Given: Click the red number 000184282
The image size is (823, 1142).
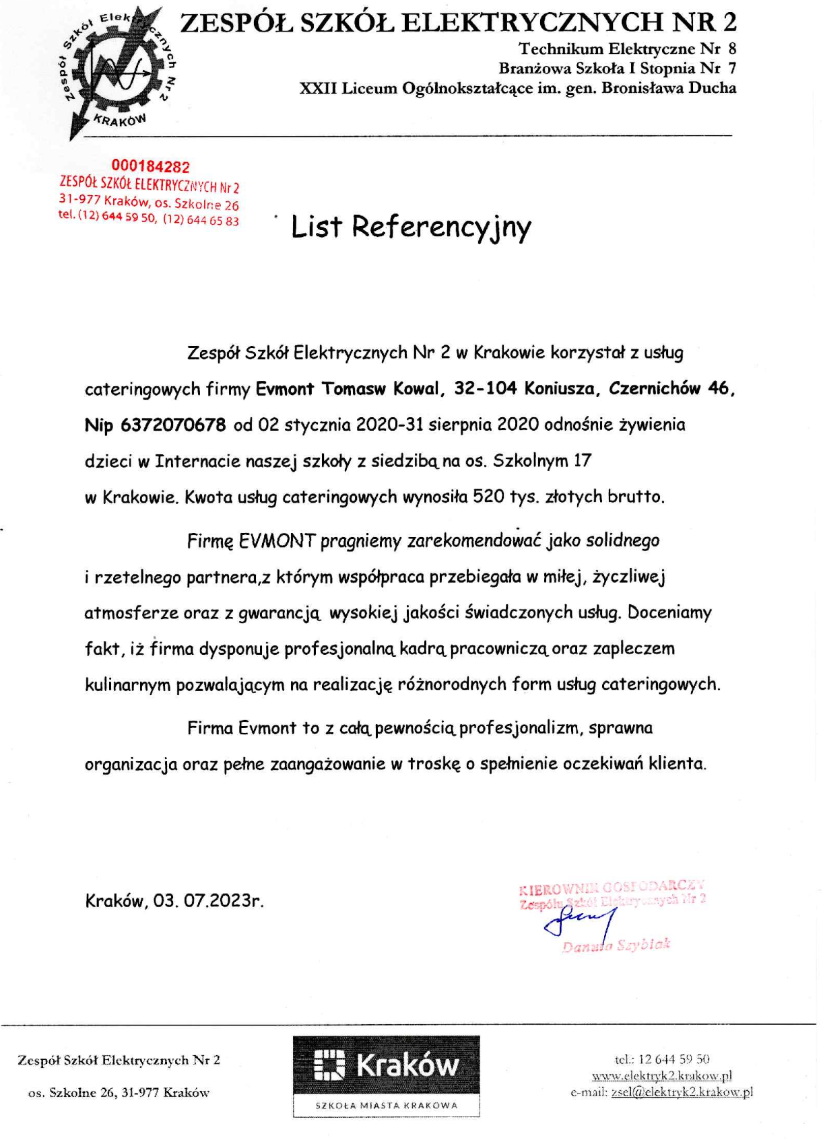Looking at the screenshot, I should point(150,166).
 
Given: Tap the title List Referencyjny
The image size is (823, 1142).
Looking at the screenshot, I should point(411,227).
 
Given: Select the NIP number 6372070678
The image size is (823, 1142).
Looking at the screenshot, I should point(173,425).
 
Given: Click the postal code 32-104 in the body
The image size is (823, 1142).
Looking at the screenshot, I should point(486,388).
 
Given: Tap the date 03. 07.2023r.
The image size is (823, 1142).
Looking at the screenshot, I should point(208,900).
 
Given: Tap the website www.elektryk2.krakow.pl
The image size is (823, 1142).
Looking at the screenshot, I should point(661,1075).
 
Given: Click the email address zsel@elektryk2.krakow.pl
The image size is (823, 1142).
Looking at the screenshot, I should point(682,1092).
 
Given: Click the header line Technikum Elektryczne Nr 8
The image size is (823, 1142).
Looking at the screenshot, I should point(627,48).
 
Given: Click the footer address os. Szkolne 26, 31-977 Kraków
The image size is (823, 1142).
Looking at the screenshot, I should point(119,1093).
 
